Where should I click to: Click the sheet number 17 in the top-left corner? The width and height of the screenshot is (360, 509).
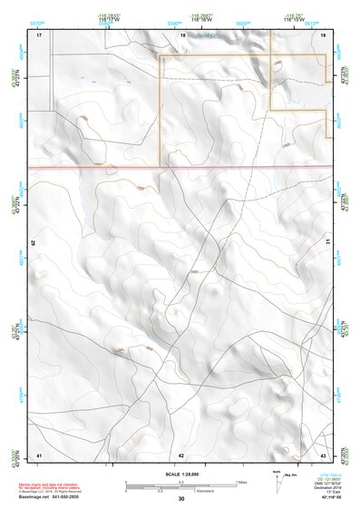(39, 34)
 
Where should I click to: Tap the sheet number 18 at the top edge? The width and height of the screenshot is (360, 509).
(182, 34)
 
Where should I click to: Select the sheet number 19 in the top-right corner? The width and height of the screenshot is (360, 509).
(323, 34)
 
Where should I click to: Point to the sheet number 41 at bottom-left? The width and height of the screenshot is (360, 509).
(39, 454)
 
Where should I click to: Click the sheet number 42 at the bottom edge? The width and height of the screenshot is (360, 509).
(181, 454)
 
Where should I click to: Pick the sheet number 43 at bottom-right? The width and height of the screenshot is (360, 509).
(323, 454)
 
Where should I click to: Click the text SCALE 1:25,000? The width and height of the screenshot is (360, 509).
(180, 474)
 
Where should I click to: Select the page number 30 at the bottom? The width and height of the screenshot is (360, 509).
(181, 499)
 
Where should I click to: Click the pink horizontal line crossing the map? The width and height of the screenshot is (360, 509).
(181, 168)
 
